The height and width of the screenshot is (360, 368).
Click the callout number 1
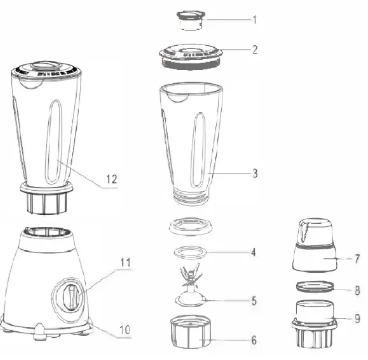[254, 20]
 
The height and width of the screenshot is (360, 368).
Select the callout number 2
[254, 50]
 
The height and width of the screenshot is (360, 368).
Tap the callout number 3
[254, 172]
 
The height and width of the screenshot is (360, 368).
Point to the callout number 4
[254, 253]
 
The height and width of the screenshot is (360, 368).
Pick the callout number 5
[254, 301]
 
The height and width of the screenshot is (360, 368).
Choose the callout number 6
[254, 341]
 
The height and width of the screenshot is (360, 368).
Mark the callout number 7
[357, 259]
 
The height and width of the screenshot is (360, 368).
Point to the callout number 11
[125, 261]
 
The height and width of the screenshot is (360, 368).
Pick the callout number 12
[111, 179]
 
